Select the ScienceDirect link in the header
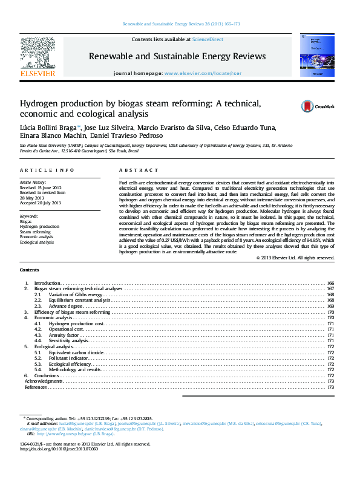pyautogui.click(x=208, y=39)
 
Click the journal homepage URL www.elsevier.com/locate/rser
pyautogui.click(x=199, y=73)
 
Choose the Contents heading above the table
pyautogui.click(x=30, y=270)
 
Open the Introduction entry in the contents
pyautogui.click(x=47, y=283)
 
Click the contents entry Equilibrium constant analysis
pyautogui.click(x=80, y=300)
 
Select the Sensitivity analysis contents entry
pyautogui.click(x=69, y=341)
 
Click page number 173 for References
pyautogui.click(x=330, y=387)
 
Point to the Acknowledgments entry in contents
pyautogui.click(x=43, y=381)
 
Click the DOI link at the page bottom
pyautogui.click(x=59, y=449)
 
